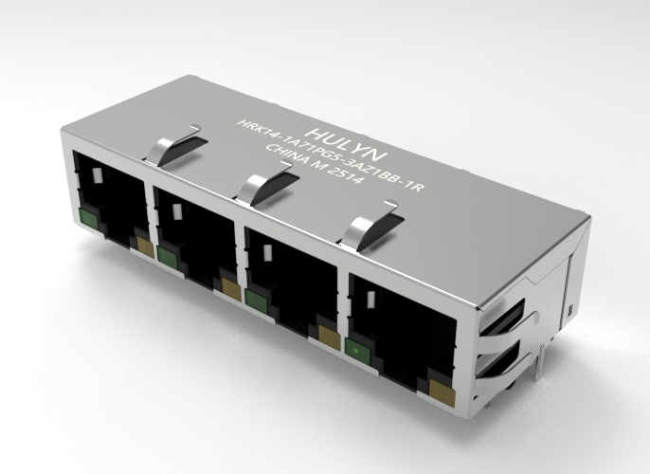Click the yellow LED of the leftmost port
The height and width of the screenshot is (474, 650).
(145, 246)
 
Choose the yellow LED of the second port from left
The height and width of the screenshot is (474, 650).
(229, 284)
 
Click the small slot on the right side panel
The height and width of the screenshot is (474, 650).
(572, 311)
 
